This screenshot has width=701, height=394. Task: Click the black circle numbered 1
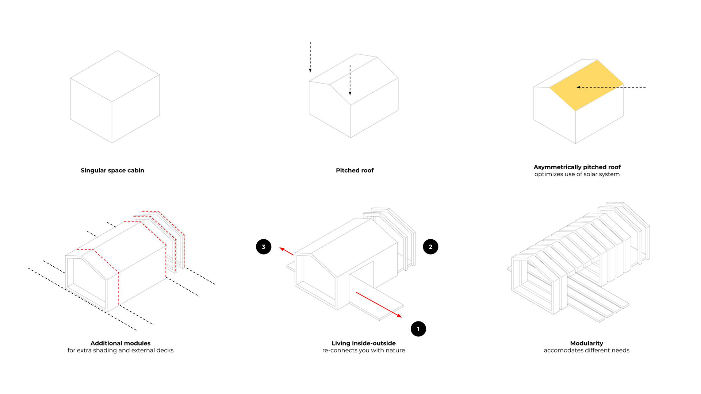tap(418, 329)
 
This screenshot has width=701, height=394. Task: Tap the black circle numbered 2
tap(430, 247)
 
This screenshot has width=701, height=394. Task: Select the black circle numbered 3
tap(264, 247)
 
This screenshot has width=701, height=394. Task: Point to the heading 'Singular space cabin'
tap(112, 170)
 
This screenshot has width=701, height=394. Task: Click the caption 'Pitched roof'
tap(355, 170)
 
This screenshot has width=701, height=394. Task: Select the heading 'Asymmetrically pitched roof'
tap(577, 167)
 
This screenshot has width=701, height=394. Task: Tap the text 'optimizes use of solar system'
tap(577, 174)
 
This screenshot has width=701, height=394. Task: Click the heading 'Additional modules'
tap(120, 343)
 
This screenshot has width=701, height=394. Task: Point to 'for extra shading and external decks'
tap(120, 350)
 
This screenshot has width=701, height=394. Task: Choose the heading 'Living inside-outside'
tap(364, 343)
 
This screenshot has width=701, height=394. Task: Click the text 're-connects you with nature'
tap(364, 350)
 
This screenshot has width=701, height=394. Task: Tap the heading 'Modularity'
tap(586, 343)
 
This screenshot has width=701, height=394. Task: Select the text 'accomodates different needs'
tap(586, 350)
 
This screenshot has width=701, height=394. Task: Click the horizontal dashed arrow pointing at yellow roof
tap(617, 87)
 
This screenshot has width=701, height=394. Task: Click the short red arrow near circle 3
tap(287, 251)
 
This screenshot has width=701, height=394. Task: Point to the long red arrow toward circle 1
tap(379, 305)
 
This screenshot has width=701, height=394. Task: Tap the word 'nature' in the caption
tap(395, 350)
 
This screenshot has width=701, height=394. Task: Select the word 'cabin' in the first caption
tap(135, 170)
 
